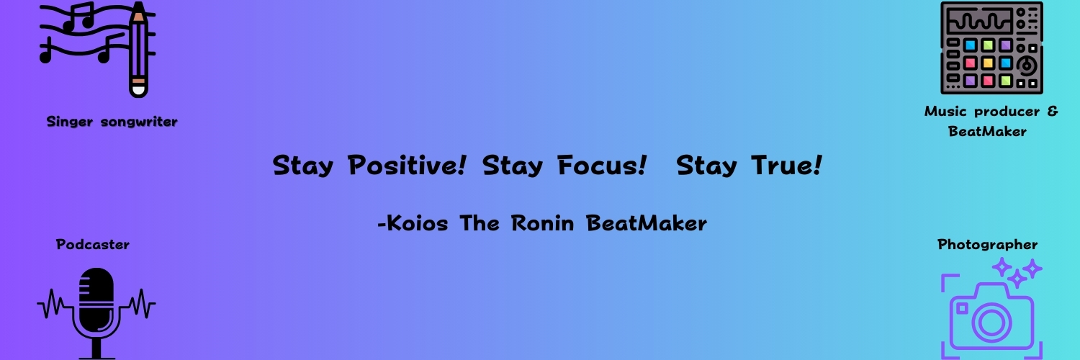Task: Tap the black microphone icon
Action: [x=96, y=313]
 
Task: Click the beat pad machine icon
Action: [x=991, y=48]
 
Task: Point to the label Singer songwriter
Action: [x=112, y=122]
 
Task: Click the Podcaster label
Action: [x=93, y=244]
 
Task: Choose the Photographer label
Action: [x=987, y=245]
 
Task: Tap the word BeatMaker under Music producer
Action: [x=987, y=131]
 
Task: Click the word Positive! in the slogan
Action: [x=407, y=166]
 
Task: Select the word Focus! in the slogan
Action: [x=602, y=166]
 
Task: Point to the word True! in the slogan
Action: [x=787, y=166]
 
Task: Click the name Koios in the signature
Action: [x=418, y=223]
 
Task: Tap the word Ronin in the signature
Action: [x=542, y=223]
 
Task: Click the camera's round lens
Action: [x=991, y=322]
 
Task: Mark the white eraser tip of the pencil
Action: [x=138, y=91]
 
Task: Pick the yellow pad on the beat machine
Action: [x=988, y=63]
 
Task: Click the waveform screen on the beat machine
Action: [x=978, y=22]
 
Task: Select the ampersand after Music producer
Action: [x=1053, y=112]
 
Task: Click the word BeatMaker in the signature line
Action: [x=646, y=223]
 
